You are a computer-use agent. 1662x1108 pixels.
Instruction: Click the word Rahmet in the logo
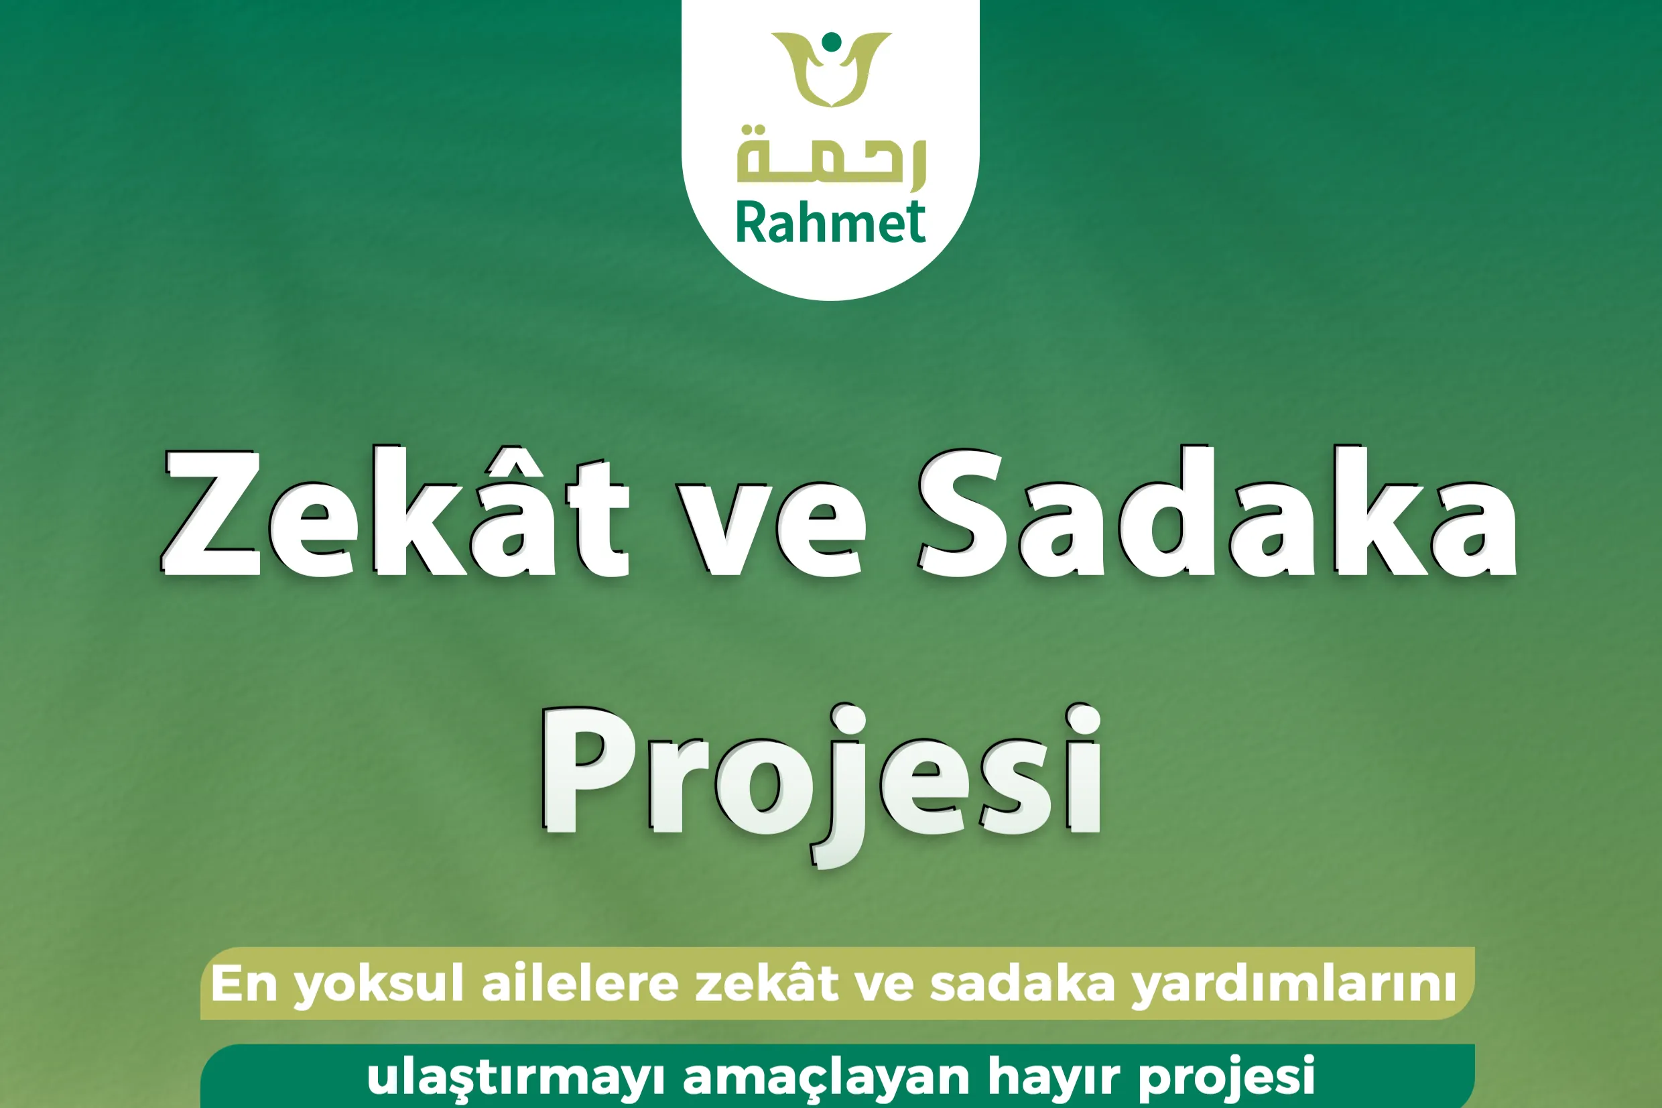point(830,223)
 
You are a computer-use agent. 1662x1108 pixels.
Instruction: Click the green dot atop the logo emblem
point(832,41)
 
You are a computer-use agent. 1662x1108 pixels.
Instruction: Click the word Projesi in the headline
point(822,774)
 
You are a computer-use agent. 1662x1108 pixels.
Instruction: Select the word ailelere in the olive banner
point(579,983)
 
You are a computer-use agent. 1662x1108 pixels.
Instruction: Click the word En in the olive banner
point(244,983)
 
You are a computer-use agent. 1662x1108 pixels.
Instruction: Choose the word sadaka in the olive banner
point(1022,983)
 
